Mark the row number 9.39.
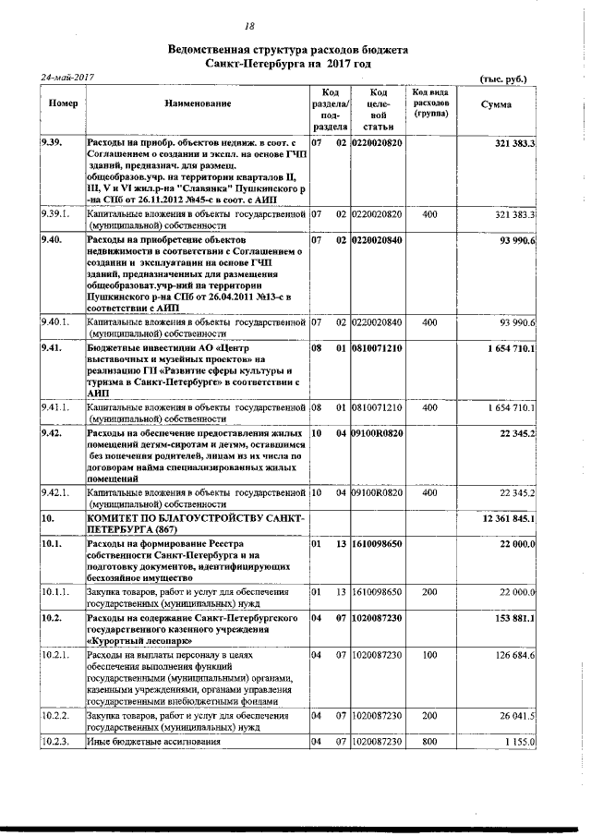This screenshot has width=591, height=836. (x=52, y=143)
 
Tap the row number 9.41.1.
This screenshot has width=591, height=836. (x=56, y=406)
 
